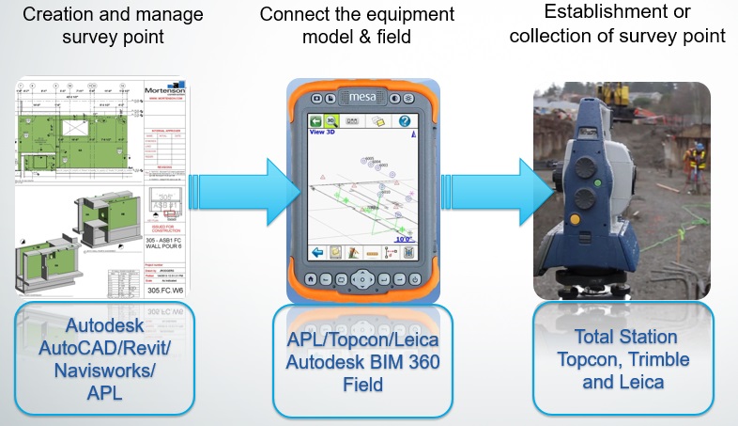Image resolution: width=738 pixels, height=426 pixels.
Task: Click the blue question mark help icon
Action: pos(405,121)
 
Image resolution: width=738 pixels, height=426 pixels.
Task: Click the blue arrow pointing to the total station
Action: pos(490,186)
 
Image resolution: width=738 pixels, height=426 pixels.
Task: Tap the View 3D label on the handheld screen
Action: pos(325,133)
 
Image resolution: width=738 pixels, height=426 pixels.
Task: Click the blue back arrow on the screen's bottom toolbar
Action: pos(320,253)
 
